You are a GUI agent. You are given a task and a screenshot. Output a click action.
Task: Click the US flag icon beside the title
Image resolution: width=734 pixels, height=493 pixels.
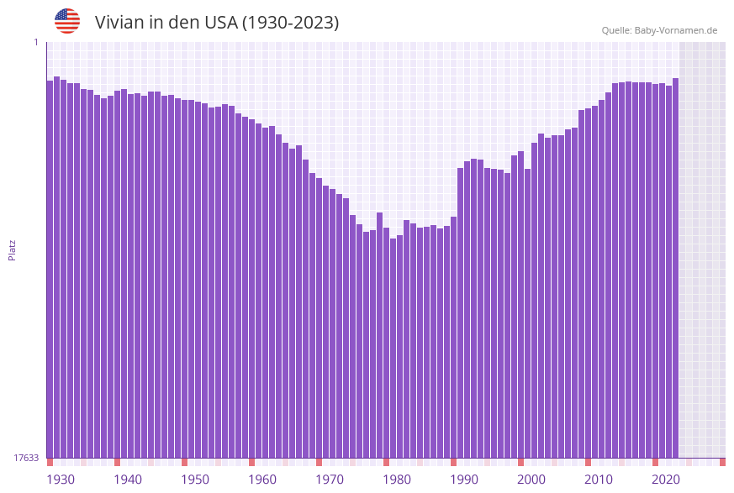pos(67,21)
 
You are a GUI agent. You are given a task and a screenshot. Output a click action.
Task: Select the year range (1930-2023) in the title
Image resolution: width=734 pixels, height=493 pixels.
pos(290,23)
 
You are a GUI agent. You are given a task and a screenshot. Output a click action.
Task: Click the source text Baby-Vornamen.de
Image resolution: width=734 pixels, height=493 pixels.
pos(675,30)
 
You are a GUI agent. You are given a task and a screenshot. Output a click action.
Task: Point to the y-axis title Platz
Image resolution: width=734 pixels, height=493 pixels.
pos(12,250)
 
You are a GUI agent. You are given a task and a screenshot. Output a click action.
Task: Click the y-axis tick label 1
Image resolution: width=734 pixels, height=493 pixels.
pos(36,42)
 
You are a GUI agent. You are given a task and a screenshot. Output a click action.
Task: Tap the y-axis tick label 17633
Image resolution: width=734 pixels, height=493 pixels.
pos(26,458)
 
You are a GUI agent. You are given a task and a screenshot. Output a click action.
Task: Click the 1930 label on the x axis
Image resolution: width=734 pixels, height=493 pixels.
pos(61,480)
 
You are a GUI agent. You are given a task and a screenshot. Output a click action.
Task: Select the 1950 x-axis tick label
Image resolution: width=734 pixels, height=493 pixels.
pos(195,480)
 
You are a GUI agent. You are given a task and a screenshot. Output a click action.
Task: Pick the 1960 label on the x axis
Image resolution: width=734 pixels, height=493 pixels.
pos(262,480)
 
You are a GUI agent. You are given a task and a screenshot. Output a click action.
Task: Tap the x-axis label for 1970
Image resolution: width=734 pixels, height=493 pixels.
pos(330,480)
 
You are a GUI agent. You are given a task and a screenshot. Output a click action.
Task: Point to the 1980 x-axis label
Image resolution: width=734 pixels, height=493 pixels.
pos(397,480)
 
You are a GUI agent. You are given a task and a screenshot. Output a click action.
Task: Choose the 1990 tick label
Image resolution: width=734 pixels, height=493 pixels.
pos(464,480)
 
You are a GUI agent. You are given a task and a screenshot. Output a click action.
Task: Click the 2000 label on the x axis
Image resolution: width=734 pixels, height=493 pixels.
pos(531,480)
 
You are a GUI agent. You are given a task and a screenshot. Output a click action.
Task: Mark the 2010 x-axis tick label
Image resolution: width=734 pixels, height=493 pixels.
pos(599,480)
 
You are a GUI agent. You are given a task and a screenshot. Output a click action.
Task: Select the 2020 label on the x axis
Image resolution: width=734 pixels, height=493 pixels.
pos(666,480)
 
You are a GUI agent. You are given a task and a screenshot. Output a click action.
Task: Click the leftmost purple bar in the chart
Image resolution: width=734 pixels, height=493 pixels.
pos(50,269)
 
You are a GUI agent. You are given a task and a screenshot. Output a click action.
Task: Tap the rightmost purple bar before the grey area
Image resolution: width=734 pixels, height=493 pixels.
pos(675,269)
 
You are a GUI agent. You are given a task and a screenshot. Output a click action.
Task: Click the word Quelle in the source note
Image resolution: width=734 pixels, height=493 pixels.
pos(616,30)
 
